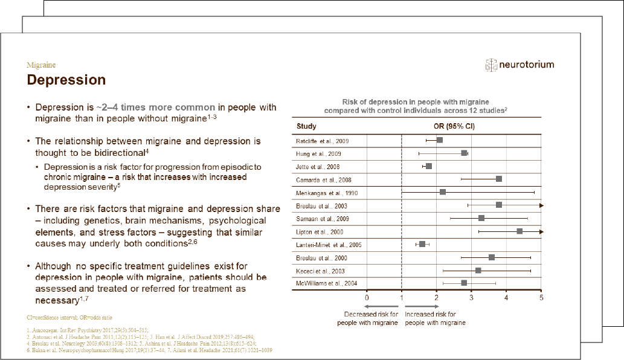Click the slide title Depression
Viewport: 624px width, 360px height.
click(66, 80)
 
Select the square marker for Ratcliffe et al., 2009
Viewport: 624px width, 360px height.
click(439, 140)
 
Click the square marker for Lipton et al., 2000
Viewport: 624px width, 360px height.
click(519, 231)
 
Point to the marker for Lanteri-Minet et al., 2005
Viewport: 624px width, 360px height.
click(422, 244)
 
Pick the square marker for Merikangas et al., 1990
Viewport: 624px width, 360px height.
click(443, 192)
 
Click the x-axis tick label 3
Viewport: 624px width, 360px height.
click(472, 297)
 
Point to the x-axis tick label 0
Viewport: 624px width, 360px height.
click(367, 297)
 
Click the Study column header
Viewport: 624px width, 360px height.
click(306, 126)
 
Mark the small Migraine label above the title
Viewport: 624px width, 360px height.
click(41, 65)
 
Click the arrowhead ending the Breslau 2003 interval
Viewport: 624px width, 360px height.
click(541, 205)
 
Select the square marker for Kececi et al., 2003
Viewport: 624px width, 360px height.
click(478, 270)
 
